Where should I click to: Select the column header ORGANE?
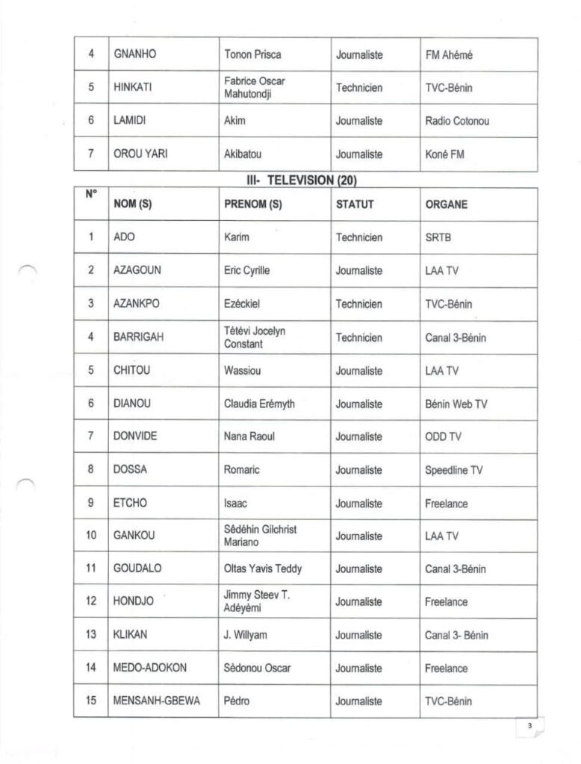(446, 204)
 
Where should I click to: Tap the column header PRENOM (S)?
(252, 204)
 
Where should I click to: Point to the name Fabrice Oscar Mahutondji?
(254, 88)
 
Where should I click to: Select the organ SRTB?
(438, 238)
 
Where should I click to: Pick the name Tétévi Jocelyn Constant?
(254, 337)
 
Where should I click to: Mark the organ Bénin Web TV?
(456, 404)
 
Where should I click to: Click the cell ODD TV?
(443, 437)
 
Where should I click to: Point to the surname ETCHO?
(130, 504)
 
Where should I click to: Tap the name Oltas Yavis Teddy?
(263, 569)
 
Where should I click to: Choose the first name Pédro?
(237, 701)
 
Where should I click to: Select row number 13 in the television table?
(90, 636)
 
